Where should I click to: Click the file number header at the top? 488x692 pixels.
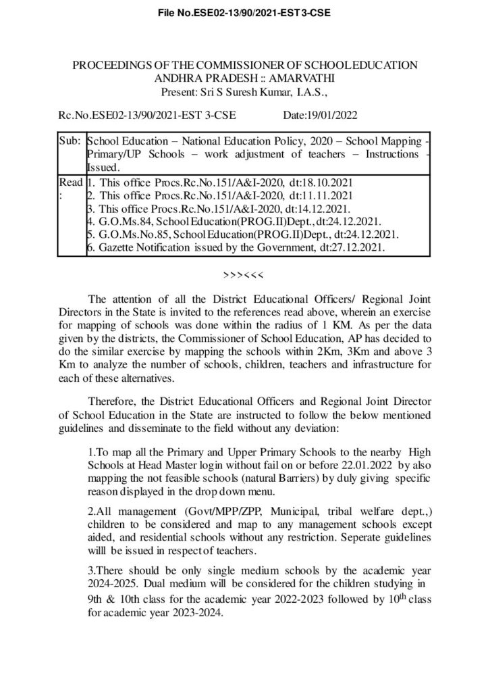244,11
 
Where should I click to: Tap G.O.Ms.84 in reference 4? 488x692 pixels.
119,222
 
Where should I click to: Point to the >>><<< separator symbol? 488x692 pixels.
244,276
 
